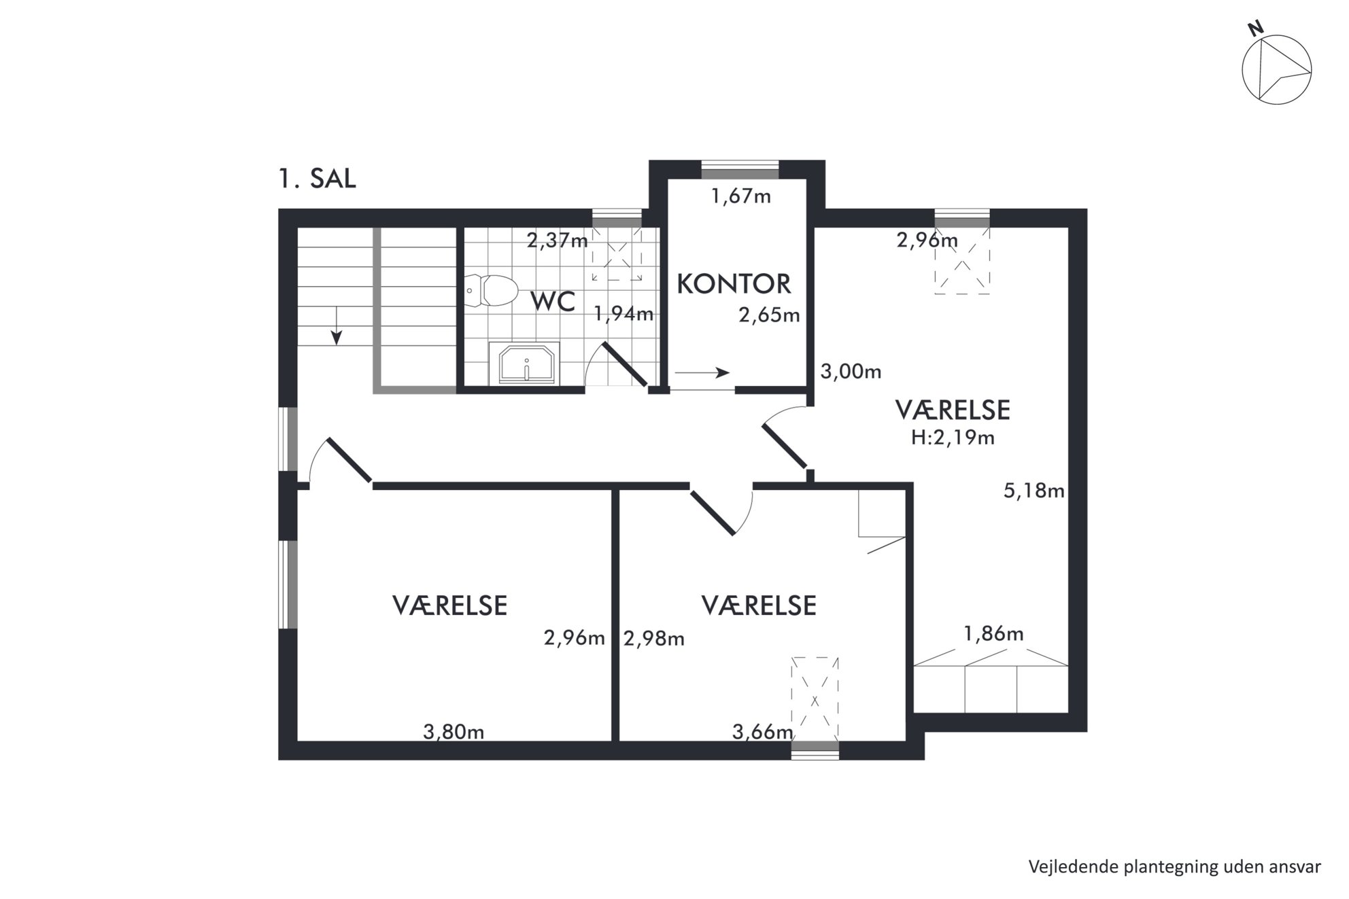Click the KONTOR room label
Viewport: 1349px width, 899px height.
coord(734,284)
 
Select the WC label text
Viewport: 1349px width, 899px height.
coord(553,302)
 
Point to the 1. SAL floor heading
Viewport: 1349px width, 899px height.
coord(317,178)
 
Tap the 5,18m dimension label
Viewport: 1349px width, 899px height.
coord(1034,491)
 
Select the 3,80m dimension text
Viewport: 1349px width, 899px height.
coord(454,732)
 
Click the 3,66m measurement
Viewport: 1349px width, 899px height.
coord(762,732)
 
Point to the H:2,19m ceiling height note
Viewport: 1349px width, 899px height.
coord(953,438)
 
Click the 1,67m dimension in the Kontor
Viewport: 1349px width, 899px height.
coord(740,196)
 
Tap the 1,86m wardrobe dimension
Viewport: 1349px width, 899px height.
coord(993,634)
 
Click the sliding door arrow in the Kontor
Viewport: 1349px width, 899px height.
coord(702,372)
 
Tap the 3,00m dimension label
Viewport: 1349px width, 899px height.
coord(851,372)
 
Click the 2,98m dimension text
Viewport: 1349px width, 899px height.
coord(653,639)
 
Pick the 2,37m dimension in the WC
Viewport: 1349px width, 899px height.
coord(558,240)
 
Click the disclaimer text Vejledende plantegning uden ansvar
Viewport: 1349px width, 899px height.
coord(1174,867)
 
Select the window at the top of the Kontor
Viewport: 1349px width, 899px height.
coord(740,169)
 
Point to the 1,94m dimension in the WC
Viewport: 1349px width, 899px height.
coord(624,313)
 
